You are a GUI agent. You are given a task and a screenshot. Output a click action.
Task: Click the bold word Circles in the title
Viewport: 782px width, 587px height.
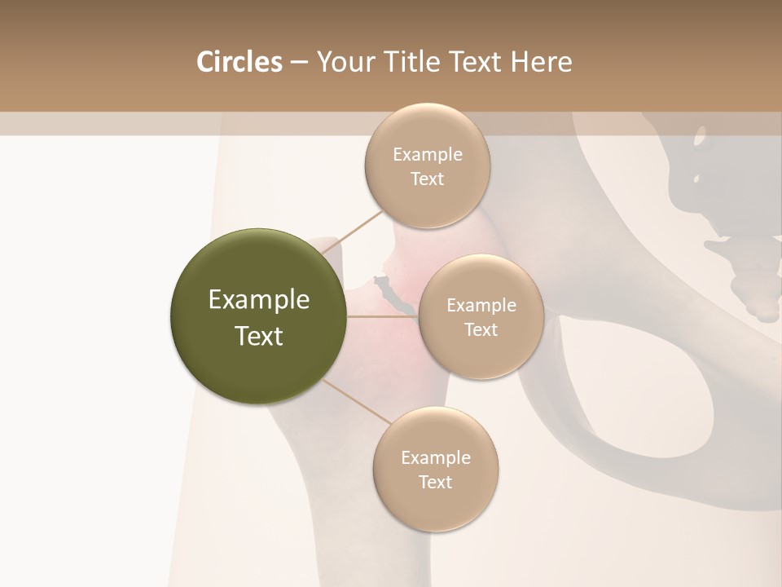click(x=239, y=62)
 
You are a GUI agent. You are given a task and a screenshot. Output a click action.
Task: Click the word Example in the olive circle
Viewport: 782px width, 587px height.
click(x=259, y=300)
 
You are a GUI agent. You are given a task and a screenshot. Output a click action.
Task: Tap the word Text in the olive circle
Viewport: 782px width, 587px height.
click(x=259, y=336)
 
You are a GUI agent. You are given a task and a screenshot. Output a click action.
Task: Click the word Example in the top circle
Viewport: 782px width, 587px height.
click(x=427, y=155)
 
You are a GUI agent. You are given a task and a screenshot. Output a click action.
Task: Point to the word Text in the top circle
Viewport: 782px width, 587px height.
click(x=427, y=179)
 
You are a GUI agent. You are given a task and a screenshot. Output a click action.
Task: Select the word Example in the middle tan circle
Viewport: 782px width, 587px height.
click(x=481, y=306)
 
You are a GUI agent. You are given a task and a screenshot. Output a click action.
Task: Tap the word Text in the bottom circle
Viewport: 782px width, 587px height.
click(x=435, y=483)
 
